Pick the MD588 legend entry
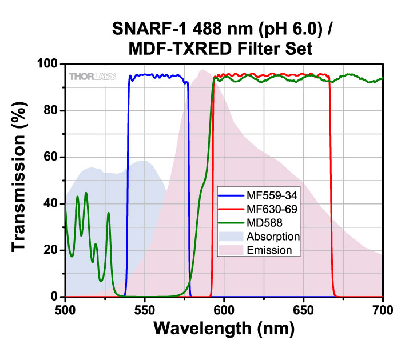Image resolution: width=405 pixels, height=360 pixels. tap(263, 223)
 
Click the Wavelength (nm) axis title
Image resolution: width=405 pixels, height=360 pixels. tap(224, 330)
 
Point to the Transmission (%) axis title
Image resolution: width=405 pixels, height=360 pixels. tap(19, 181)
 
